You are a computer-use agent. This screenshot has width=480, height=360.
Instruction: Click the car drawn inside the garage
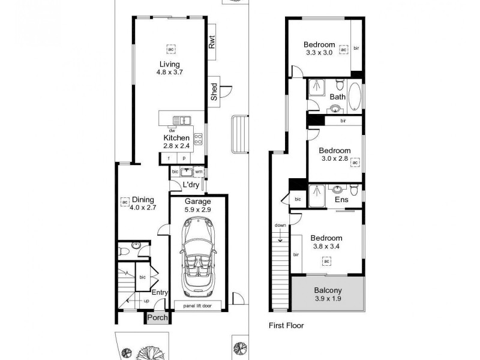click(199, 258)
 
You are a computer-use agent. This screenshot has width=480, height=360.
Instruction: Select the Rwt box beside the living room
click(212, 43)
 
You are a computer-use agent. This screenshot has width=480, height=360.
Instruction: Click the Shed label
click(214, 91)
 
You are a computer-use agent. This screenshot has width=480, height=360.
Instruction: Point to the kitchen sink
click(181, 120)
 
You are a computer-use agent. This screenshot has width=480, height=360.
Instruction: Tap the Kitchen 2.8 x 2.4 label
click(176, 142)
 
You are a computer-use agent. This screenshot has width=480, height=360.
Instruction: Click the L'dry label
click(190, 185)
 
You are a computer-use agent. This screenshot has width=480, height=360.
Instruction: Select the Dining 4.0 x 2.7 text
click(143, 204)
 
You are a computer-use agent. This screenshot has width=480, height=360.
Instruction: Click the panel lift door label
click(199, 305)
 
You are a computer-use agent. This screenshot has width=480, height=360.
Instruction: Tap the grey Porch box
click(158, 318)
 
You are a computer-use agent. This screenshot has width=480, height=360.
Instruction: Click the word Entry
click(159, 292)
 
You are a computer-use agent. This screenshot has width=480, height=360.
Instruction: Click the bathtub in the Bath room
click(355, 96)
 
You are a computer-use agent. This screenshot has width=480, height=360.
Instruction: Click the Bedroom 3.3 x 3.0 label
click(319, 48)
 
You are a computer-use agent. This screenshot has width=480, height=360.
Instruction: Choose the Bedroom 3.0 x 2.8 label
click(334, 155)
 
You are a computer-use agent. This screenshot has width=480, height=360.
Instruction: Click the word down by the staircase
click(280, 226)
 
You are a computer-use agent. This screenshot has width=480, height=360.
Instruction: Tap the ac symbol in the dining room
click(125, 201)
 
